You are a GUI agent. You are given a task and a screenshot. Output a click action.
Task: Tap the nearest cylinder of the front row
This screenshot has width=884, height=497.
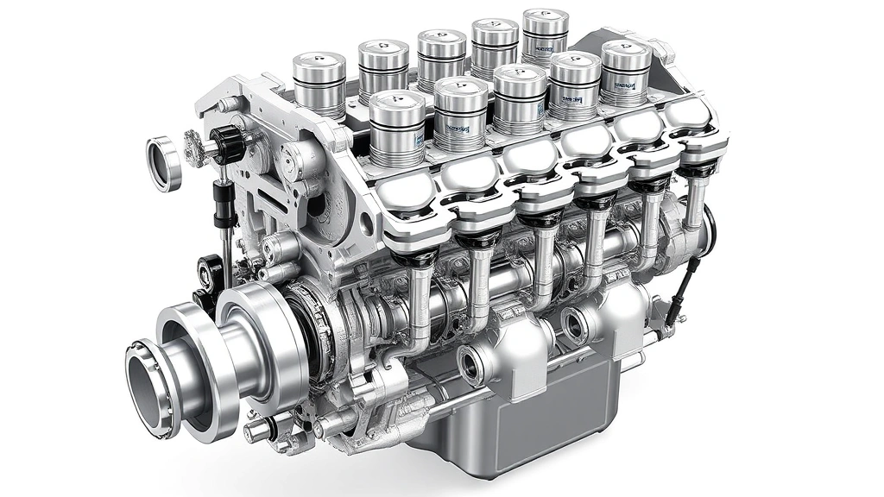[x=397, y=128]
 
